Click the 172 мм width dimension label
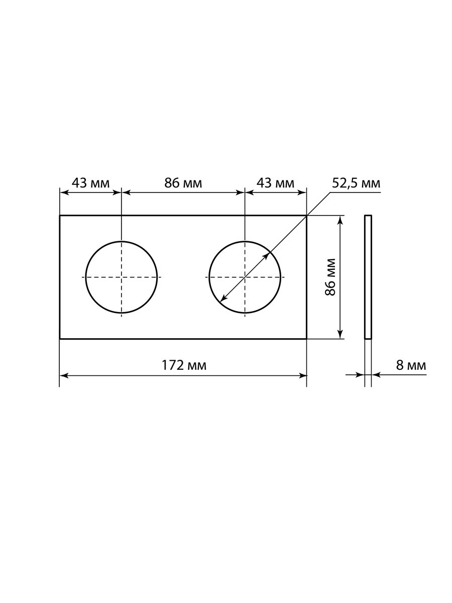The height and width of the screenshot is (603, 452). pos(184,365)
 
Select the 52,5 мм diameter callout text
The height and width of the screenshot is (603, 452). pos(356,183)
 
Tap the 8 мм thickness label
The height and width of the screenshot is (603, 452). pos(411,365)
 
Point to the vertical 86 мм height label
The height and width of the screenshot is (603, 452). pos(330,277)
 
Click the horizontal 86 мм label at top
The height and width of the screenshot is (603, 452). pos(183,183)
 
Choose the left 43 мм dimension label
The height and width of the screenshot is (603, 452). pos(90,183)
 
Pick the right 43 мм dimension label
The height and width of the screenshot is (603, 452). pos(275,183)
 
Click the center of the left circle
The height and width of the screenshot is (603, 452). pos(122,277)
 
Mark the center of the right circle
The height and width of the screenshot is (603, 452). pos(245,277)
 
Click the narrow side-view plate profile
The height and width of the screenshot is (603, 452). pos(368,277)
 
